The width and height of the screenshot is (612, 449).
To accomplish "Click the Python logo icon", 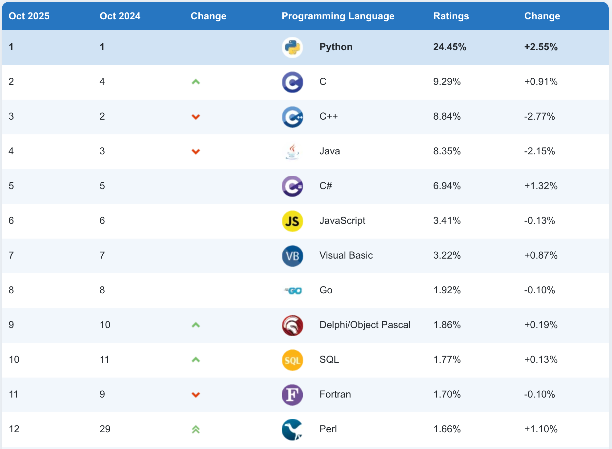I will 292,48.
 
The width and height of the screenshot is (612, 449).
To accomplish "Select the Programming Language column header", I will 338,16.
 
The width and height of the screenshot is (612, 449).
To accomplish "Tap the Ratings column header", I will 451,16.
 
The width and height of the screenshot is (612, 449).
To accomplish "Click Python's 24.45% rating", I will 450,47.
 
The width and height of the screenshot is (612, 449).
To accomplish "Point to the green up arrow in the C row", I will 196,82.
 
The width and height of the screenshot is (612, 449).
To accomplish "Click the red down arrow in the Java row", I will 196,151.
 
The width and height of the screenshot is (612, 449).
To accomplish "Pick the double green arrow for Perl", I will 196,429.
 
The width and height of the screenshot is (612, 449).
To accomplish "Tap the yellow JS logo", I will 292,221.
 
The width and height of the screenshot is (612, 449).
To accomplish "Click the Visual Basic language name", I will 346,255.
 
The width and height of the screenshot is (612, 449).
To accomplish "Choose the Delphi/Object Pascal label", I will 365,325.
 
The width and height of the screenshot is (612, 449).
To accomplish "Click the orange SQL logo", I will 292,360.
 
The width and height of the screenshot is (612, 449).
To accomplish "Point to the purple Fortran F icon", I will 292,395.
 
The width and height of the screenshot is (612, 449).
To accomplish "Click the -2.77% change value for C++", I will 539,116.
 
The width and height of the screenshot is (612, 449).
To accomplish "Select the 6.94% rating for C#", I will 447,186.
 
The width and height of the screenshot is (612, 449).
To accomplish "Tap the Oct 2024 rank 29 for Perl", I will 105,429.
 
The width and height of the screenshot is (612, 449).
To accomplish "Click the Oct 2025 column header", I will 29,16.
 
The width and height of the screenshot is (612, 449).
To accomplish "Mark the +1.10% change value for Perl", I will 541,429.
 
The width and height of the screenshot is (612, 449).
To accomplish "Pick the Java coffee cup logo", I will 292,152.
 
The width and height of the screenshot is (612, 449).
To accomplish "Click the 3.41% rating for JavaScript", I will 447,221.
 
